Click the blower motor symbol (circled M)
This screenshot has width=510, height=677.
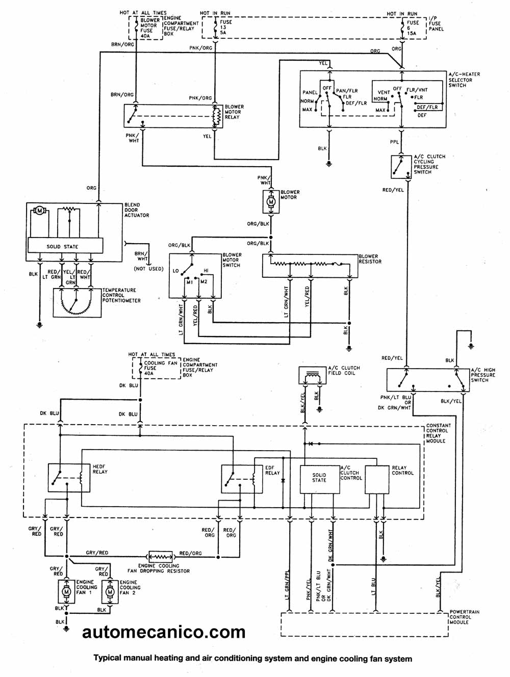click(271, 201)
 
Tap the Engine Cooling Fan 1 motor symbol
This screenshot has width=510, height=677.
click(66, 591)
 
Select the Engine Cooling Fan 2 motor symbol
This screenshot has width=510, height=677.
click(110, 592)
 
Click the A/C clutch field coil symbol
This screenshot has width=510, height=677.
click(312, 376)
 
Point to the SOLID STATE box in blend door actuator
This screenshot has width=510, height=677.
click(63, 246)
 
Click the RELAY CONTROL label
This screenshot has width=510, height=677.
click(402, 470)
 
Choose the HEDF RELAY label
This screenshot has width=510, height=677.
click(100, 469)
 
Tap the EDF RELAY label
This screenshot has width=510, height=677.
click(272, 470)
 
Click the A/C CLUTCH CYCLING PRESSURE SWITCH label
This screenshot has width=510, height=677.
click(429, 164)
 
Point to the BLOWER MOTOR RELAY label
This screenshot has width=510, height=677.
click(234, 112)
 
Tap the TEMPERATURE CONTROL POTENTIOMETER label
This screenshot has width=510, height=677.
click(121, 295)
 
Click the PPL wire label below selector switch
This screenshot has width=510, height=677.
click(395, 142)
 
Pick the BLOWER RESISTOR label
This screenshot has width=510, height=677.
click(370, 259)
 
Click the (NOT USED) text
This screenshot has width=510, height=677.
click(148, 268)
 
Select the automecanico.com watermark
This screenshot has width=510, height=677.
click(164, 632)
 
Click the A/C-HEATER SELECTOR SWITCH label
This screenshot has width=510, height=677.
click(464, 80)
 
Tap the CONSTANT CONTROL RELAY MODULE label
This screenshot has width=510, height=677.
click(438, 433)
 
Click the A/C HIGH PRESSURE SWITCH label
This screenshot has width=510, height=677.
click(482, 375)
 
